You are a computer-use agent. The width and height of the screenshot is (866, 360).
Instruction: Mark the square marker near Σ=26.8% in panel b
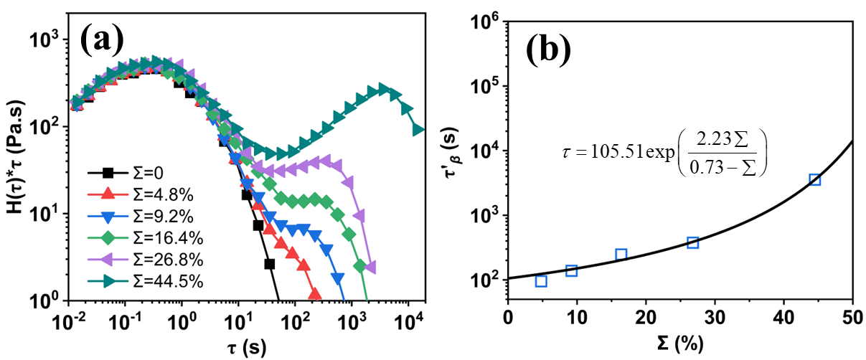coord(692,242)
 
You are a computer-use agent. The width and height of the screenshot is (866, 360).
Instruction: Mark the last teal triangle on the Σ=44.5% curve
coord(420,131)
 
